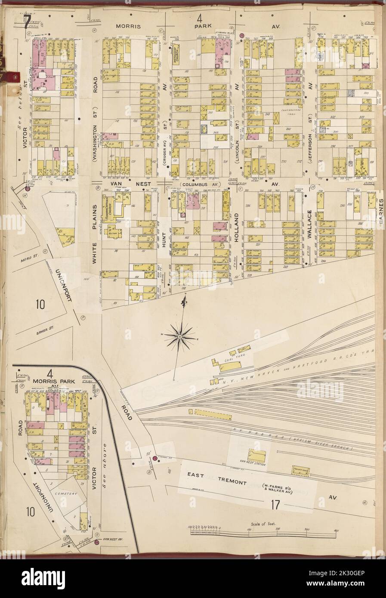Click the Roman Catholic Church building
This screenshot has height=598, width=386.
point(111,209)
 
